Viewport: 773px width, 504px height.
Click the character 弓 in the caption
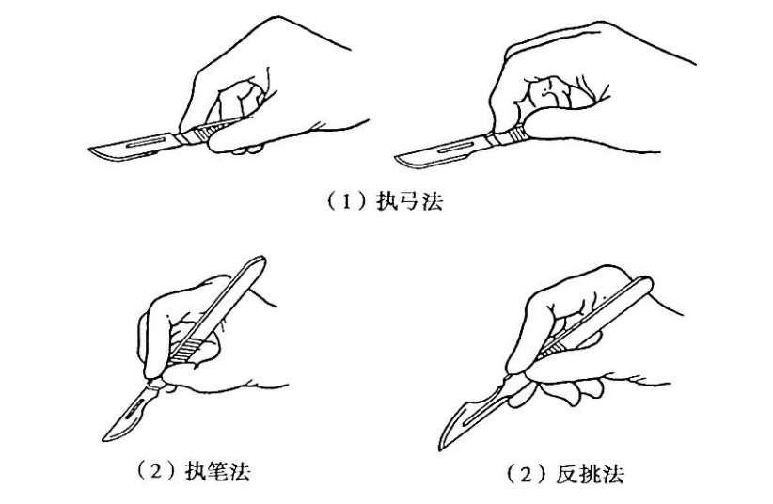click(410, 201)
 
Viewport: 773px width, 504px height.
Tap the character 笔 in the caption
click(217, 472)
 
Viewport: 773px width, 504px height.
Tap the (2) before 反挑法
click(528, 475)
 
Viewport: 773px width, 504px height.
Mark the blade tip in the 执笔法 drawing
click(103, 439)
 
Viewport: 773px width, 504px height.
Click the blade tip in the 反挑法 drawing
click(440, 449)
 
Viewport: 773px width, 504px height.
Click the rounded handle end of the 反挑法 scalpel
click(646, 283)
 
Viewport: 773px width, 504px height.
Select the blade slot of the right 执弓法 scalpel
click(455, 147)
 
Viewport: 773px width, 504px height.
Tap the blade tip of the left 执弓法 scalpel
click(90, 150)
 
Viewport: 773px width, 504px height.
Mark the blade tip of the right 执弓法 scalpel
click(397, 158)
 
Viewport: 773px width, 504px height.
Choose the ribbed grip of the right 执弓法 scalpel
click(517, 134)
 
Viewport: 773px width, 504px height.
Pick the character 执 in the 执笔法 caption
click(195, 472)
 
